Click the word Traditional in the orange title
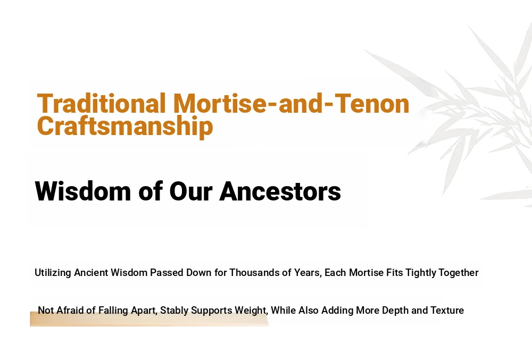(x=101, y=103)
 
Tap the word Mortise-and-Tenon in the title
(x=291, y=103)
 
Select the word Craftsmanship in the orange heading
(x=125, y=127)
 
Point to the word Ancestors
(x=280, y=191)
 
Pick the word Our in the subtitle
(x=190, y=191)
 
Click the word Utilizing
(x=53, y=273)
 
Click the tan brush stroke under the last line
(x=149, y=319)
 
